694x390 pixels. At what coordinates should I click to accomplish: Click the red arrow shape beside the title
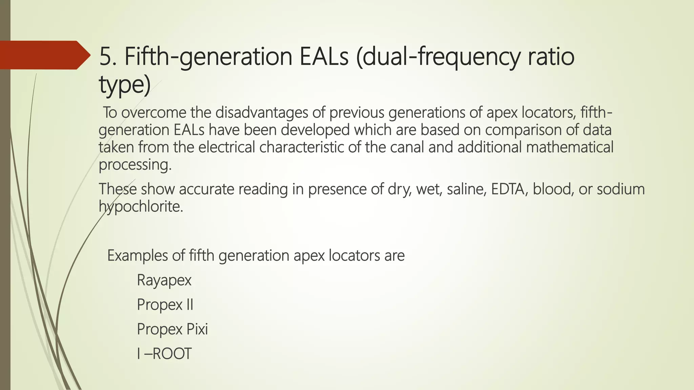click(44, 55)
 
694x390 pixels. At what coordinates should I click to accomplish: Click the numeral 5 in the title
click(105, 57)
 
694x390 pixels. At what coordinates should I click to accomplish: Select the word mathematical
click(570, 147)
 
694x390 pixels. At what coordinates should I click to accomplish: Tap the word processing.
click(135, 165)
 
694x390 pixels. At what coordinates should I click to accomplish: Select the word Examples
click(138, 255)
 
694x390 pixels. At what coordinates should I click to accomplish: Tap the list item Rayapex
click(164, 280)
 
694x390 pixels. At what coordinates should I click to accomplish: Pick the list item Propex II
click(165, 305)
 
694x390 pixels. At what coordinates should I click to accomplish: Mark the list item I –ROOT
click(164, 354)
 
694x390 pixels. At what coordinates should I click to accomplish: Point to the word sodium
click(620, 189)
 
